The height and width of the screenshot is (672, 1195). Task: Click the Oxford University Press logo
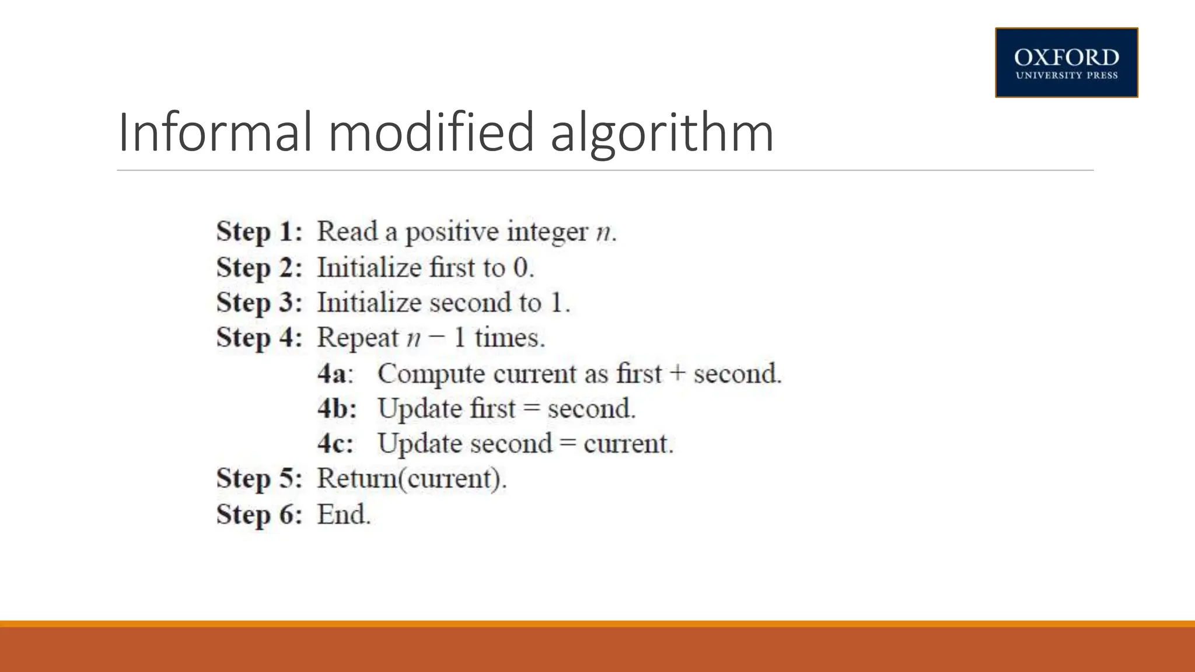tap(1066, 62)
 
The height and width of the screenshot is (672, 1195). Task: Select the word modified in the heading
tap(431, 132)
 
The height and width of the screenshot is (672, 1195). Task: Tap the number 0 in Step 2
tap(520, 268)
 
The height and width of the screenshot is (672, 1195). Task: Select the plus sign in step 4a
tap(677, 374)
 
